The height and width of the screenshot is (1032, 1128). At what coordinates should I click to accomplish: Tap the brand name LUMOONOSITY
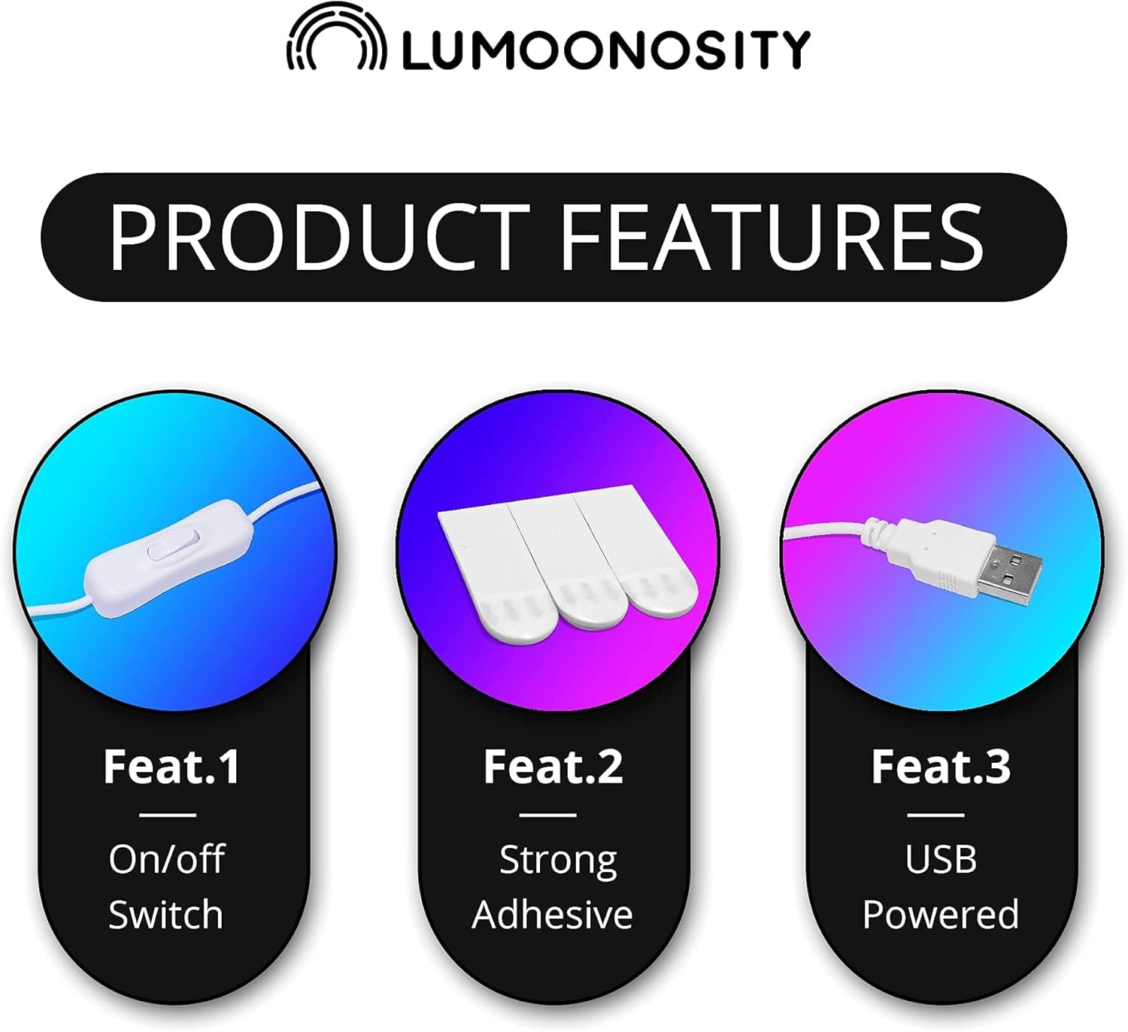(x=606, y=50)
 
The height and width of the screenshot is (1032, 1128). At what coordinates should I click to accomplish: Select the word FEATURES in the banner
(x=772, y=238)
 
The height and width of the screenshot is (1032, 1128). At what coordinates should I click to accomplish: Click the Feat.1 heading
(x=171, y=767)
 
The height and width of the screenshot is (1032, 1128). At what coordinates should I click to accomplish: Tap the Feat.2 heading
(x=553, y=767)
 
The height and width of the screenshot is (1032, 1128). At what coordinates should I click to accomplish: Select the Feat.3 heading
(x=941, y=767)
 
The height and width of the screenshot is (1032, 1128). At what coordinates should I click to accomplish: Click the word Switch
(x=166, y=915)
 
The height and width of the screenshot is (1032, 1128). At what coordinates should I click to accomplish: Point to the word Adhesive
(x=552, y=915)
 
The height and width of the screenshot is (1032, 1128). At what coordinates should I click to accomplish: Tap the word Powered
(x=941, y=915)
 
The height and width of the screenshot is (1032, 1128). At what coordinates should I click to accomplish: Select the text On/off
(x=167, y=859)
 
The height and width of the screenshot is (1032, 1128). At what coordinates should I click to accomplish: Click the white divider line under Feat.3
(x=935, y=815)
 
